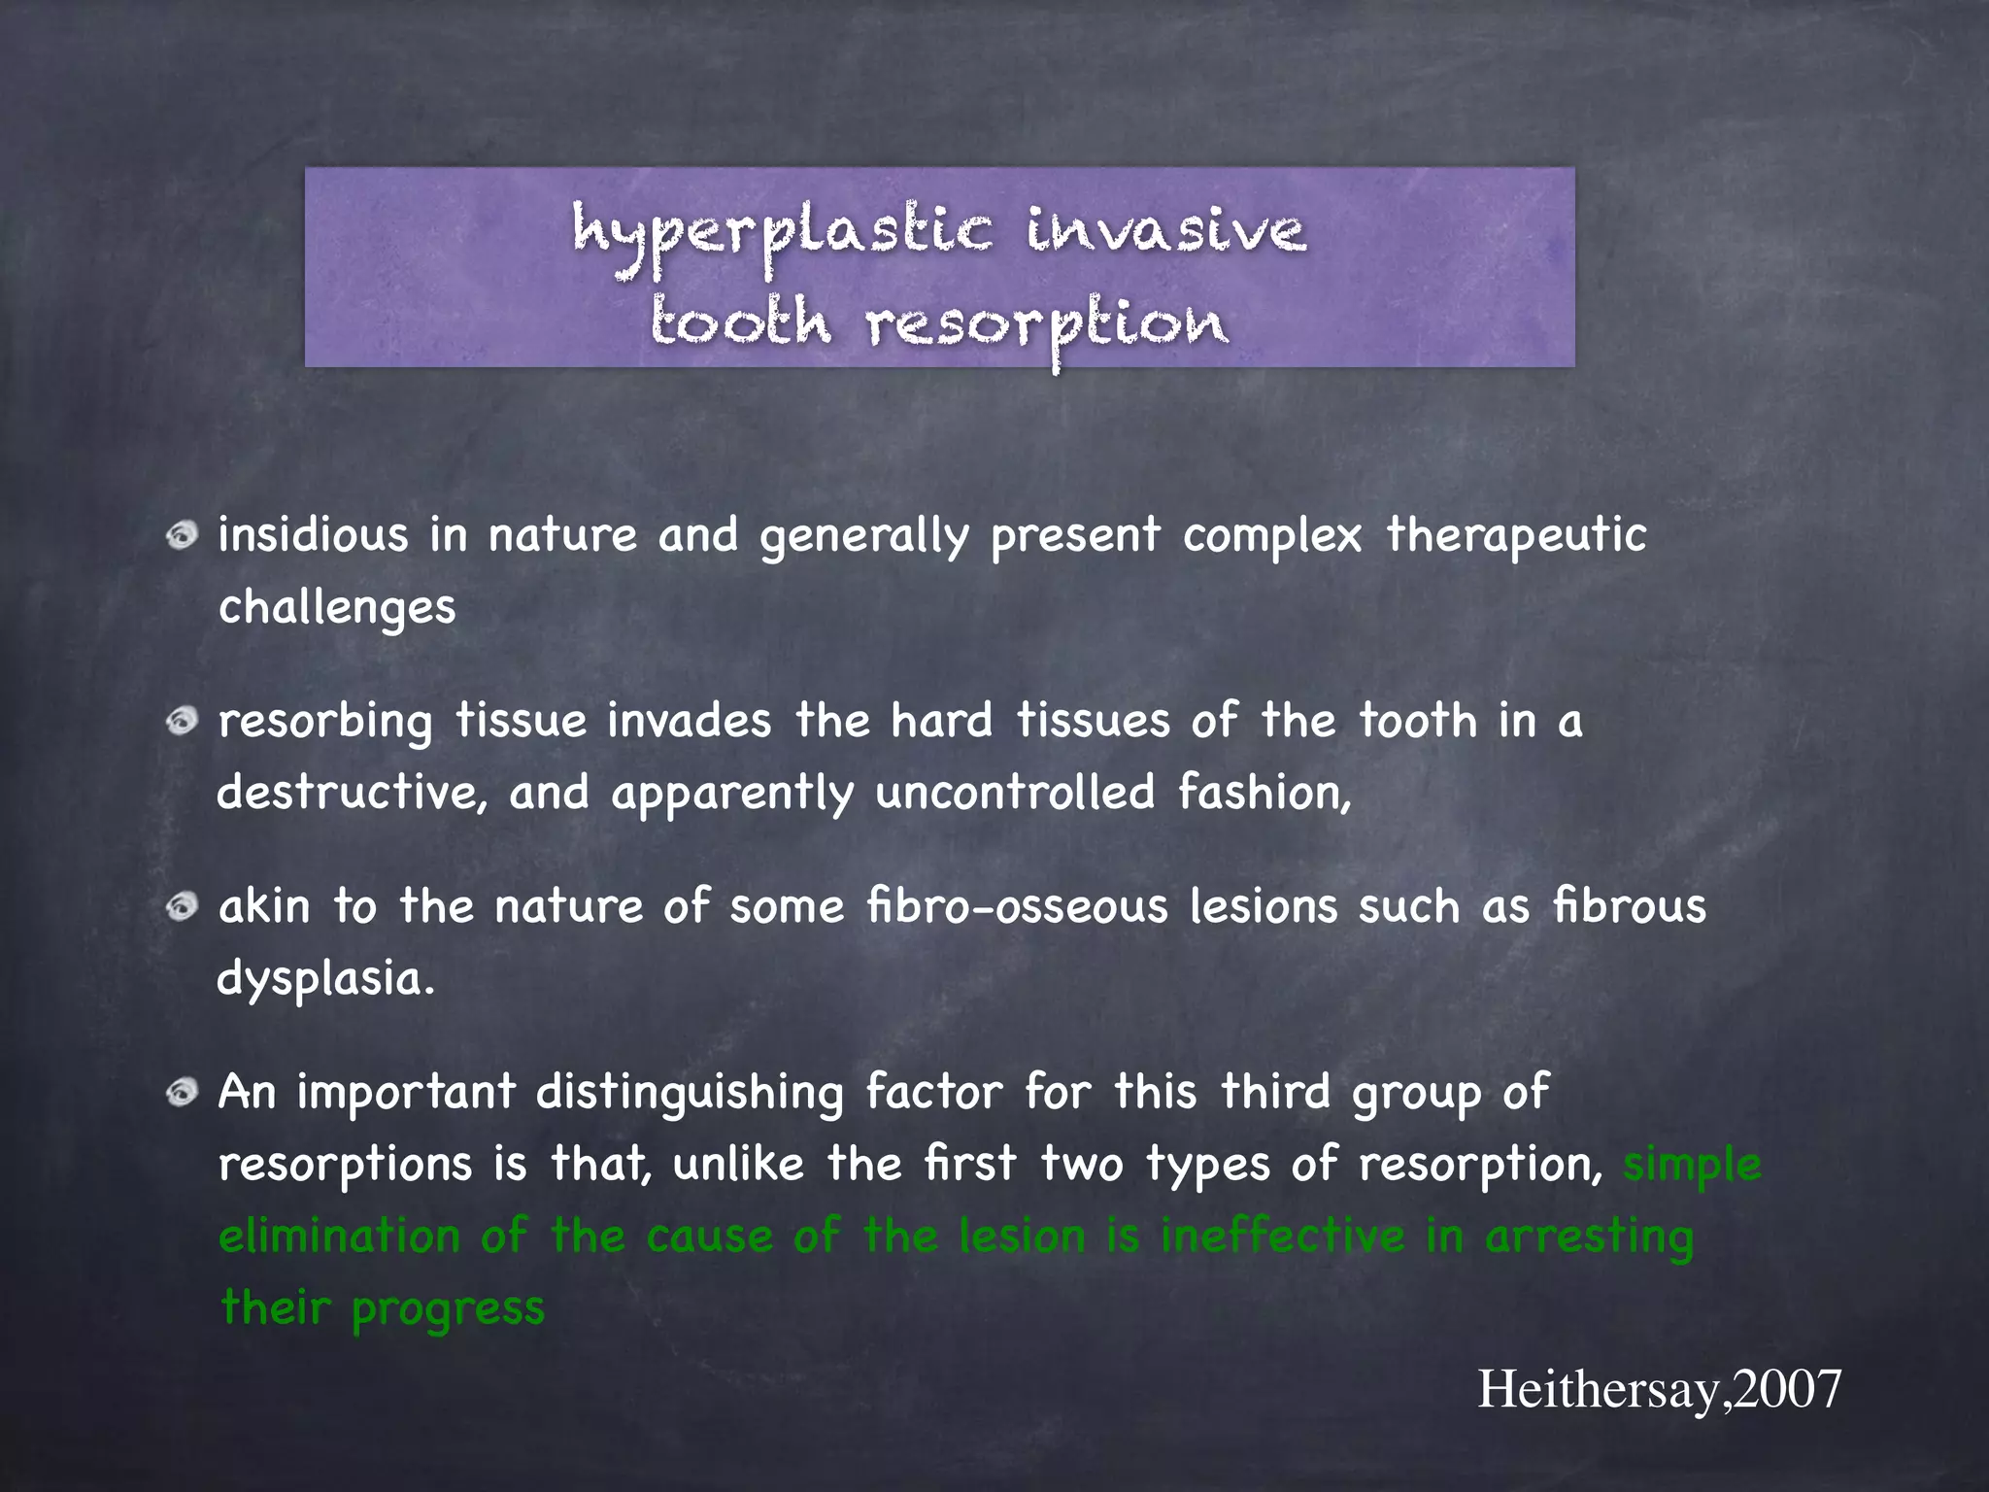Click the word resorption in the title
1047,324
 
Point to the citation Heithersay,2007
1659,1389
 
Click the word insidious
313,534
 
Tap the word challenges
337,608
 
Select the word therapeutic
1516,536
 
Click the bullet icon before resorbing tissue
182,722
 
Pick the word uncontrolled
1015,793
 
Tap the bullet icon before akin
182,907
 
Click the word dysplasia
325,978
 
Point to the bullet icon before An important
182,1093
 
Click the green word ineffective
1282,1236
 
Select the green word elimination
339,1237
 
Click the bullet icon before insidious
182,535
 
